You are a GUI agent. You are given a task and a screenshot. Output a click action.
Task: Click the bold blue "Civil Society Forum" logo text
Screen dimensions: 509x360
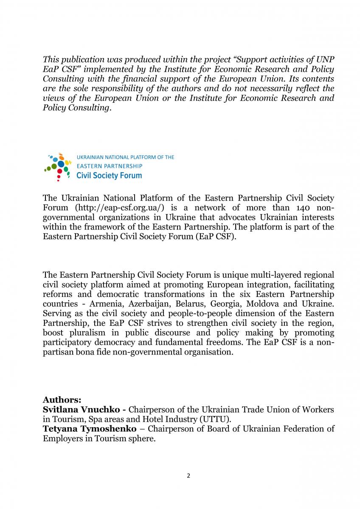point(109,175)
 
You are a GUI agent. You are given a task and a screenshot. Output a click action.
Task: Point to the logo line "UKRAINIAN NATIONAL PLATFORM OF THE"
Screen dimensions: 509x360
point(125,157)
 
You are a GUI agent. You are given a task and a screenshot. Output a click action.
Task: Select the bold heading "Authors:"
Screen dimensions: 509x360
point(62,400)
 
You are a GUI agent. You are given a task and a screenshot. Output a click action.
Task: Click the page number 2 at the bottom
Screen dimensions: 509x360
point(188,475)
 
